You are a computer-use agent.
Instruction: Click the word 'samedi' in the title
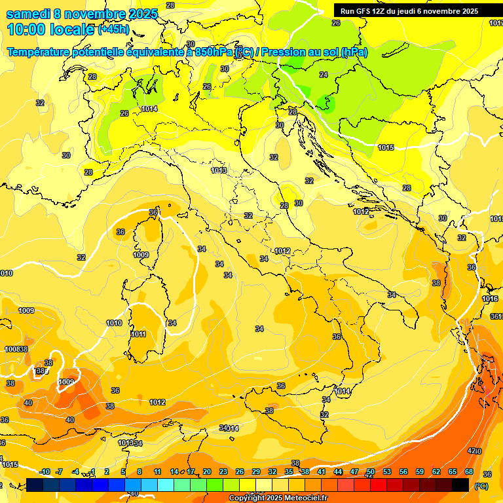click(x=28, y=14)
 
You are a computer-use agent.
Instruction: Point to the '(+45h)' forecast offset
click(x=113, y=29)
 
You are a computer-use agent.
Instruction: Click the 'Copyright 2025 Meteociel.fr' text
click(x=278, y=498)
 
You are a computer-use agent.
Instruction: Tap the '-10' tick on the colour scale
click(x=45, y=472)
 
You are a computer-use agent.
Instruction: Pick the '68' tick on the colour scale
click(x=469, y=472)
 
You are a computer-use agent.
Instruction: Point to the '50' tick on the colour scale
click(x=371, y=472)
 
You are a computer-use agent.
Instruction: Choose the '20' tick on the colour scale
click(x=207, y=472)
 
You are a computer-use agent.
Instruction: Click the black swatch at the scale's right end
click(x=460, y=485)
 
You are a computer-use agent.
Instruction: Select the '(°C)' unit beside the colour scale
click(x=481, y=485)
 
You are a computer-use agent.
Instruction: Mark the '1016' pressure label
click(x=490, y=299)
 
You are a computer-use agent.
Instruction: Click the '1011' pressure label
click(x=138, y=334)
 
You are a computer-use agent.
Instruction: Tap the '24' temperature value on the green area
click(x=324, y=75)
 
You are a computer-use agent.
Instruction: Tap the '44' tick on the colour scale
click(x=338, y=472)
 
